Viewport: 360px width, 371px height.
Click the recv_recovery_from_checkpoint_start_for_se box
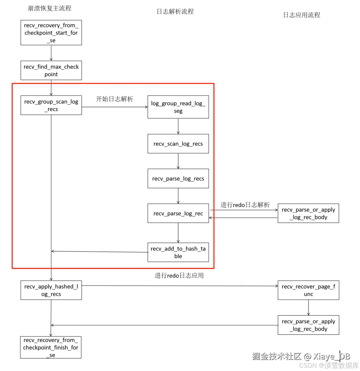[x=51, y=33]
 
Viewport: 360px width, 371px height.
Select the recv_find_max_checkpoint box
[x=51, y=70]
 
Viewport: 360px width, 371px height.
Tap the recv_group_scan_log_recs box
[x=51, y=105]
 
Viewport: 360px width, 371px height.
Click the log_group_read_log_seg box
[x=178, y=107]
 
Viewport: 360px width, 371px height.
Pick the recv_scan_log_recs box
[x=178, y=143]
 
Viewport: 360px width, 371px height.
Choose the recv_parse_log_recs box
[x=178, y=178]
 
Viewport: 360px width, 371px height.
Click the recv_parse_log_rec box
[x=178, y=213]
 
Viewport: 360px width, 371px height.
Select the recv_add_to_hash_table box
[x=178, y=252]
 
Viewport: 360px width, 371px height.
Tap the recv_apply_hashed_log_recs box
[x=51, y=290]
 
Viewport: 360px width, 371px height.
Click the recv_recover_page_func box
[x=308, y=290]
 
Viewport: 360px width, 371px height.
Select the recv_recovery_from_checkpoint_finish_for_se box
[x=51, y=347]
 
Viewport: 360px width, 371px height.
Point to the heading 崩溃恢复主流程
[x=49, y=8]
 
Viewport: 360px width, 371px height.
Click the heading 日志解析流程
[x=175, y=12]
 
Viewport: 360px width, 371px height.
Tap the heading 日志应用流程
[x=302, y=15]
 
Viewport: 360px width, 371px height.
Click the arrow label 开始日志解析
[x=114, y=99]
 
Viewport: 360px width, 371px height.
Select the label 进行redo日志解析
[x=245, y=205]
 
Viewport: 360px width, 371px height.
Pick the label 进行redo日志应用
[x=179, y=275]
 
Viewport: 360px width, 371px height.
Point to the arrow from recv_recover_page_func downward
[x=308, y=307]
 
